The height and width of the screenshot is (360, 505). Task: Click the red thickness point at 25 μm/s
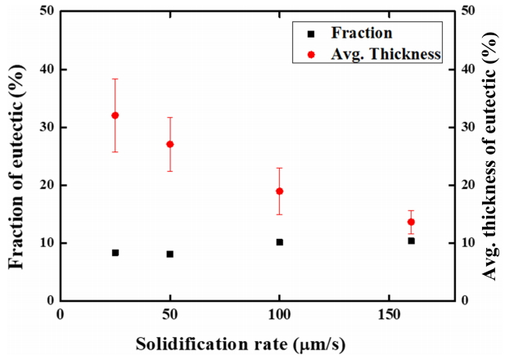[x=115, y=115]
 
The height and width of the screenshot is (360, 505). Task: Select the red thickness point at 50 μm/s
[x=169, y=144]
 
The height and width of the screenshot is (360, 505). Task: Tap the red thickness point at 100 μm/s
[x=279, y=191]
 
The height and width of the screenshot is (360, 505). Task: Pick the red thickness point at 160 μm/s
[x=411, y=222]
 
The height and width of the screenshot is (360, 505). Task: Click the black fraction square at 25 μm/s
[x=115, y=253]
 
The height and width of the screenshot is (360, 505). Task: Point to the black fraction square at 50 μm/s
[x=169, y=254]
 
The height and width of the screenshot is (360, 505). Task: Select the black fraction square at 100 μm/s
[x=279, y=242]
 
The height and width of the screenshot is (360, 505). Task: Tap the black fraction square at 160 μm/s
[x=411, y=241]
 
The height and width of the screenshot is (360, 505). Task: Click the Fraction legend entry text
[x=362, y=34]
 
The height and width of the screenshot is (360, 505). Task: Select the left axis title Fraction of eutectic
[x=16, y=156]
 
